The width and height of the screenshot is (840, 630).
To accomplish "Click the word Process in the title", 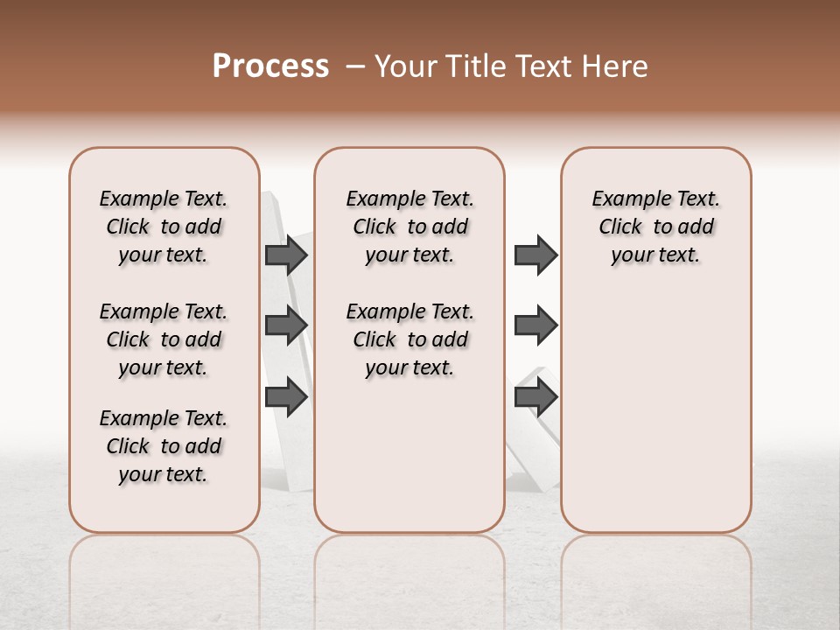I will (x=269, y=66).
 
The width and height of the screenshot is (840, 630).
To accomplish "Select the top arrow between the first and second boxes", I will (x=286, y=255).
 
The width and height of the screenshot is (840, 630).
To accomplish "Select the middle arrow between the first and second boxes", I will (x=286, y=325).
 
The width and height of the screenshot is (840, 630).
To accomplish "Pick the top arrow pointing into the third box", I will (x=535, y=255).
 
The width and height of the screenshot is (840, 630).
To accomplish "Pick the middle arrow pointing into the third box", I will (x=535, y=325).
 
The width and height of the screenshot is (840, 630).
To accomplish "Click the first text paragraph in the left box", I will (x=164, y=227).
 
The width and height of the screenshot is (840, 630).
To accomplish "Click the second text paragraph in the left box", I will (x=164, y=339).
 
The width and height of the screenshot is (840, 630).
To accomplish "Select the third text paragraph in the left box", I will (x=164, y=446).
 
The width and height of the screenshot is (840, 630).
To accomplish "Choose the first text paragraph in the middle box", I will (x=410, y=227).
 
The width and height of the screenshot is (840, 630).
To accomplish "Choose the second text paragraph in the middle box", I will (x=410, y=339).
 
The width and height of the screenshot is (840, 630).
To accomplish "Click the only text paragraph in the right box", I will (x=656, y=227).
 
